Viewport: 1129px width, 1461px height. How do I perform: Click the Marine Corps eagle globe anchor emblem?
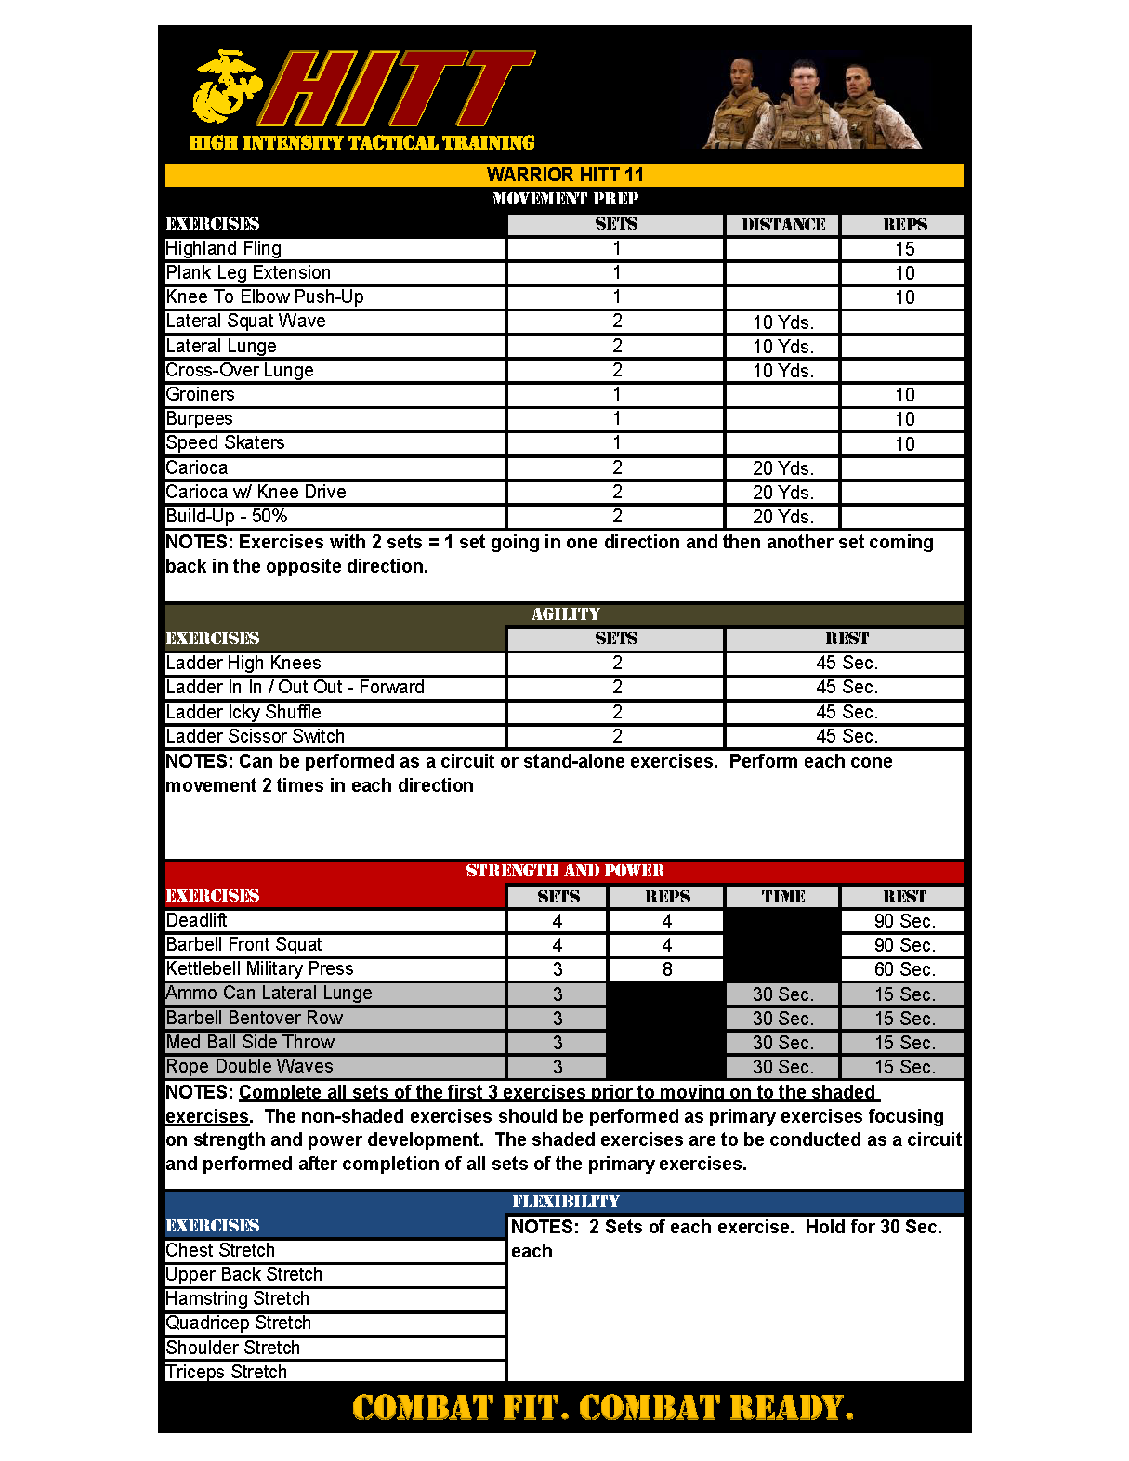click(x=224, y=86)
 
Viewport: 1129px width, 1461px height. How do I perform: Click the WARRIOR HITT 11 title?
click(x=565, y=175)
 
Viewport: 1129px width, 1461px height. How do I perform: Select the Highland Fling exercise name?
click(x=224, y=248)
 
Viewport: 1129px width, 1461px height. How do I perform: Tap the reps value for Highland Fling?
click(x=904, y=249)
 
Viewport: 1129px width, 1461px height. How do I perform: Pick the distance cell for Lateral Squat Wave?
click(x=782, y=322)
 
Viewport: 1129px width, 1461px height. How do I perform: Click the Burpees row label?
click(x=200, y=419)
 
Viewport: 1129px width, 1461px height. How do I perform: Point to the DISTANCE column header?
click(x=782, y=225)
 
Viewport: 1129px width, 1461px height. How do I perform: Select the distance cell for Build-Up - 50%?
click(x=782, y=517)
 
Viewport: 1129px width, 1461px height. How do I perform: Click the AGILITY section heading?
click(x=565, y=614)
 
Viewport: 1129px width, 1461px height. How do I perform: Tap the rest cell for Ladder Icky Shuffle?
click(x=846, y=712)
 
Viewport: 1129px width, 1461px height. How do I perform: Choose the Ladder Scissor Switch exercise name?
click(x=256, y=736)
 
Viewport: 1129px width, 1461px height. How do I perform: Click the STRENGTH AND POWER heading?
click(x=565, y=871)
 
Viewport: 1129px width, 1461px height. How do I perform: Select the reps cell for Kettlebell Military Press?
click(x=666, y=969)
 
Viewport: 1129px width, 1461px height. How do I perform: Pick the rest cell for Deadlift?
click(x=903, y=921)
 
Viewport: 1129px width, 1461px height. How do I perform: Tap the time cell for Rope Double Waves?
click(x=782, y=1067)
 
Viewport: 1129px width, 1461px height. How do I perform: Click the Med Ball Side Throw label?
click(x=251, y=1042)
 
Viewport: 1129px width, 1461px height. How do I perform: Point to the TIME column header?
click(x=782, y=897)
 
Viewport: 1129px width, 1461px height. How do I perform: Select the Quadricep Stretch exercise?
click(x=239, y=1323)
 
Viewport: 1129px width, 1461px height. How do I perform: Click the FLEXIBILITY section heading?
click(x=565, y=1202)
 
